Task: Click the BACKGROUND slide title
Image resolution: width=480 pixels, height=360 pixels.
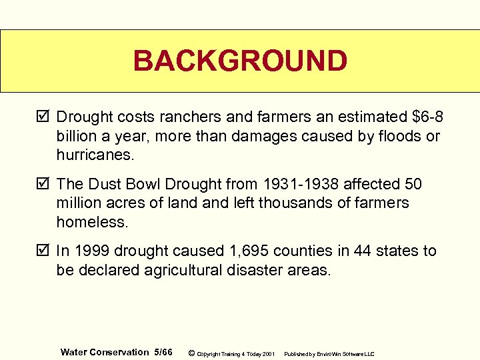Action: pos(240,61)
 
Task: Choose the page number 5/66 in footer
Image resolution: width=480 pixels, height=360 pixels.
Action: pos(163,352)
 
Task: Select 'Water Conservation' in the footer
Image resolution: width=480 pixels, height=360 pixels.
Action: pos(105,352)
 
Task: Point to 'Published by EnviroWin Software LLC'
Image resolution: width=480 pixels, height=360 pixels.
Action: pos(329,353)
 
